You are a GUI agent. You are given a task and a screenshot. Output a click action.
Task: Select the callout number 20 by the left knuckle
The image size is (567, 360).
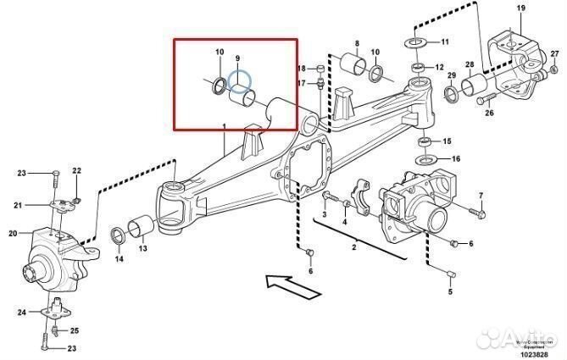[x=13, y=234]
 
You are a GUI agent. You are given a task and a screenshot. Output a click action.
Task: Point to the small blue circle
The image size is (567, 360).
[x=242, y=81]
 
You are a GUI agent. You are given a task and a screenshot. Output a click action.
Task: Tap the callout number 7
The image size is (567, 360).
[x=481, y=197]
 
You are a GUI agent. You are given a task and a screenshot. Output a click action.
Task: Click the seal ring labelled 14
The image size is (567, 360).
[x=119, y=235]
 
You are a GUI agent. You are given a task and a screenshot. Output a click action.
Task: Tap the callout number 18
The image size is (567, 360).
[x=301, y=68]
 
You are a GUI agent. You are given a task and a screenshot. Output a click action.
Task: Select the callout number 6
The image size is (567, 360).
[x=310, y=271]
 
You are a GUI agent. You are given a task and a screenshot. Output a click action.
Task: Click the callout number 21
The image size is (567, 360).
[x=16, y=204]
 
